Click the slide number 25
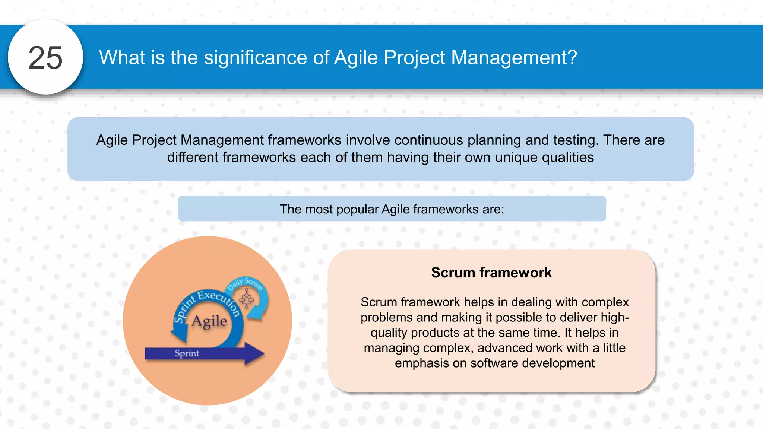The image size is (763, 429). point(45,58)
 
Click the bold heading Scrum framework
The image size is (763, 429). point(491,273)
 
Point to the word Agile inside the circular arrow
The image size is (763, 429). point(209,321)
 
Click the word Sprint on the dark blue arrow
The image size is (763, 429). point(187,353)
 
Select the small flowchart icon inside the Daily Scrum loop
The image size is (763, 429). point(247,298)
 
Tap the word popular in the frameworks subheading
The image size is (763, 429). point(357,209)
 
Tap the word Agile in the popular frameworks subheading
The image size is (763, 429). point(395,209)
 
